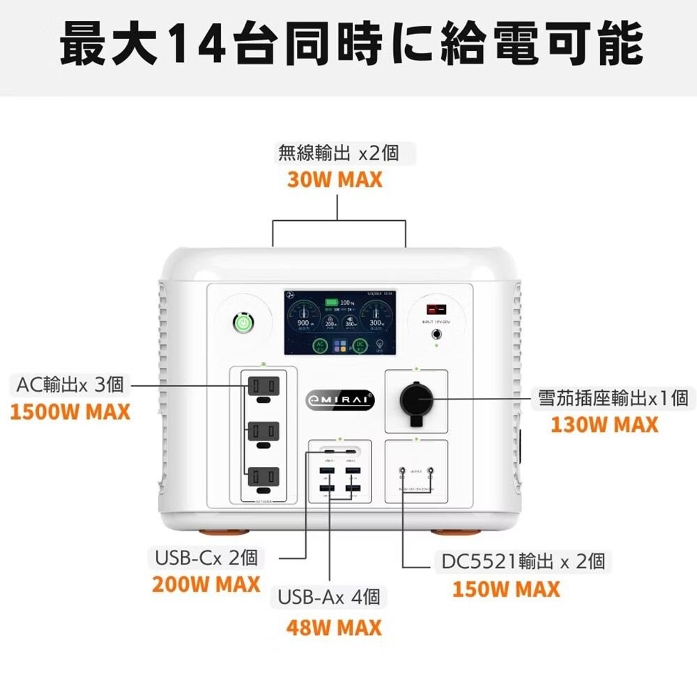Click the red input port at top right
click(437, 307)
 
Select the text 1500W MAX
click(70, 411)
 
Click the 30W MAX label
click(335, 179)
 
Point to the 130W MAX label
click(604, 424)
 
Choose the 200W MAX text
click(206, 584)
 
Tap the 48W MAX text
click(334, 627)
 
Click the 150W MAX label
click(505, 589)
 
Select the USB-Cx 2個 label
click(206, 558)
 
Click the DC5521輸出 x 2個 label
click(523, 561)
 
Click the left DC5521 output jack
click(402, 472)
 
